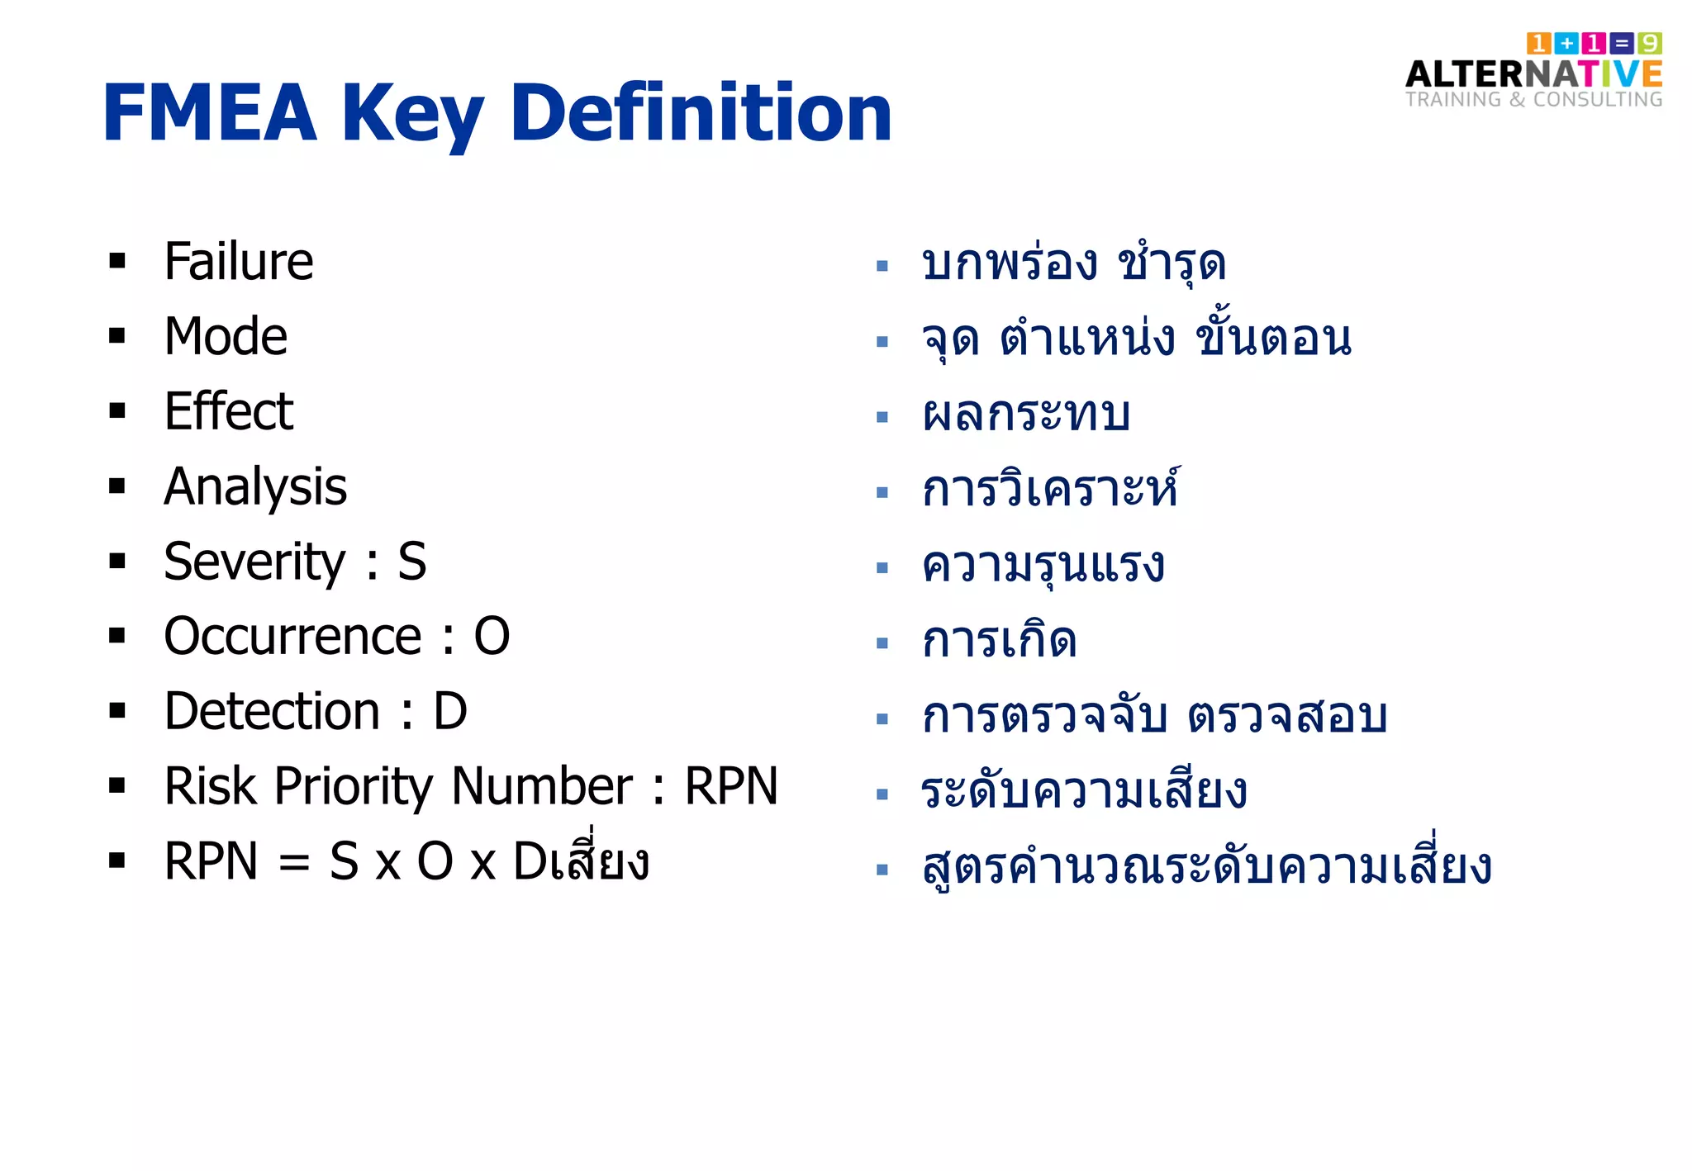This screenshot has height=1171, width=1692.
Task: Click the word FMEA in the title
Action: click(210, 113)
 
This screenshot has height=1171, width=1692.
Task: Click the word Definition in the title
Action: click(701, 113)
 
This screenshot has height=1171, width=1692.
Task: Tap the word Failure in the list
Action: click(238, 262)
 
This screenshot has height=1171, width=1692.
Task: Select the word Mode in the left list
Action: click(226, 337)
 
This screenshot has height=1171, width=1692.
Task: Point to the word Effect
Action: click(228, 411)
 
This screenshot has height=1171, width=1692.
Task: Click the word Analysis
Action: click(255, 487)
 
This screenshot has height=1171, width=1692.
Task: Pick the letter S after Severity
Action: click(412, 562)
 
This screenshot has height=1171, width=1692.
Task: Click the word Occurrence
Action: click(292, 637)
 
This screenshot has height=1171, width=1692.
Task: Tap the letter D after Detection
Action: click(450, 711)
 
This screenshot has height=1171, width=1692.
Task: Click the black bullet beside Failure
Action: click(117, 262)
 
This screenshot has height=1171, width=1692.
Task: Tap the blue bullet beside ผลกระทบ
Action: click(882, 417)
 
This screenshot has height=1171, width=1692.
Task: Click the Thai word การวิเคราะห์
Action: click(1050, 489)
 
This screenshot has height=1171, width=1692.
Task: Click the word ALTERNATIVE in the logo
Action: click(1533, 74)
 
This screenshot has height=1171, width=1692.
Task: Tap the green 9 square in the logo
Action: click(1650, 43)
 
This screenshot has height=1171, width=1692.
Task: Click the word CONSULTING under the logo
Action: click(1598, 100)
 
